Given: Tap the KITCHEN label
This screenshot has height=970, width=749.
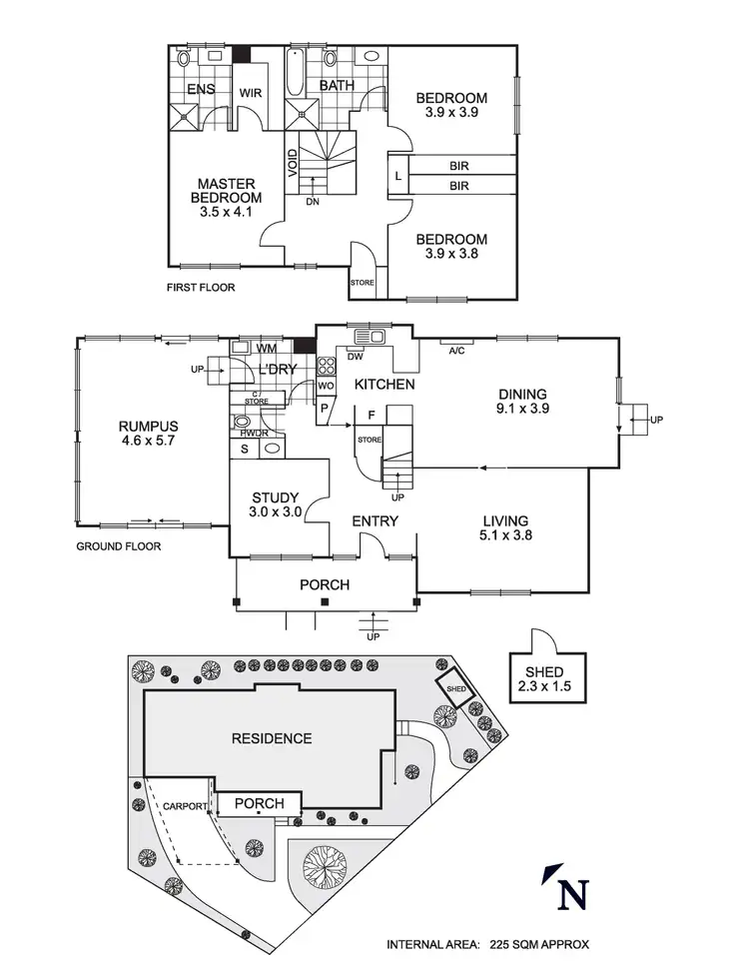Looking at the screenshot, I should click(378, 384).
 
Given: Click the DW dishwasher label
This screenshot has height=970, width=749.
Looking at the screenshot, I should click(355, 356).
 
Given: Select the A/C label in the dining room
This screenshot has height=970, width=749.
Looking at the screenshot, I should click(456, 351).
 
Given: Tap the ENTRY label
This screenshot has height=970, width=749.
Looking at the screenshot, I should click(374, 520).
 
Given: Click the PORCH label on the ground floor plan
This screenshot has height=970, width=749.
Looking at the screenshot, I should click(326, 584).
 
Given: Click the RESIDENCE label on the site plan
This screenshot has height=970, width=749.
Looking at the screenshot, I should click(272, 739).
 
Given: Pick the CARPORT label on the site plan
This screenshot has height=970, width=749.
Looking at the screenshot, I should click(186, 805).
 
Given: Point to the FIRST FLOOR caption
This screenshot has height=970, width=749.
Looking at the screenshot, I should click(201, 288).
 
